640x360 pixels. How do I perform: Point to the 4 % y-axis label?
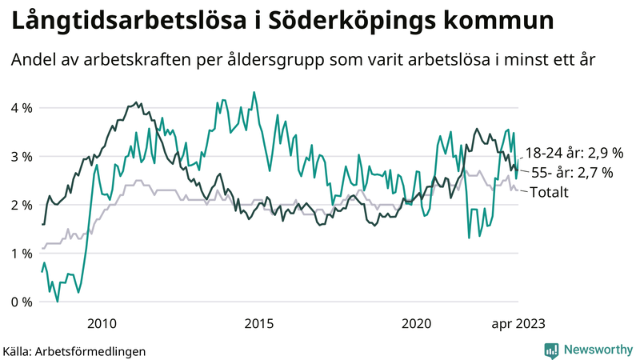22,108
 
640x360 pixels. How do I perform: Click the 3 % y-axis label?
22,157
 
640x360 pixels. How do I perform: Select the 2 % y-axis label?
22,206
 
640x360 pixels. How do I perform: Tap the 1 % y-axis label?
22,254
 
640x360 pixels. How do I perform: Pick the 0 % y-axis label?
22,302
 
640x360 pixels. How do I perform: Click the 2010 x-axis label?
102,324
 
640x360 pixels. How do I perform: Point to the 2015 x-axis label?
258,324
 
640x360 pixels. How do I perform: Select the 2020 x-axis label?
416,324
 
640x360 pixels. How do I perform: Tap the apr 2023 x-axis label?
518,324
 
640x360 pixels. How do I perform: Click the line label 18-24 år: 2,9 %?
574,153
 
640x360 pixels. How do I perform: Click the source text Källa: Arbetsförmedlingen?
74,351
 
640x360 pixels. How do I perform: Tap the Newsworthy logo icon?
551,350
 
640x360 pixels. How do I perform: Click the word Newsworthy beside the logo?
598,350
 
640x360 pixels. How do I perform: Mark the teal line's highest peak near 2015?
254,92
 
